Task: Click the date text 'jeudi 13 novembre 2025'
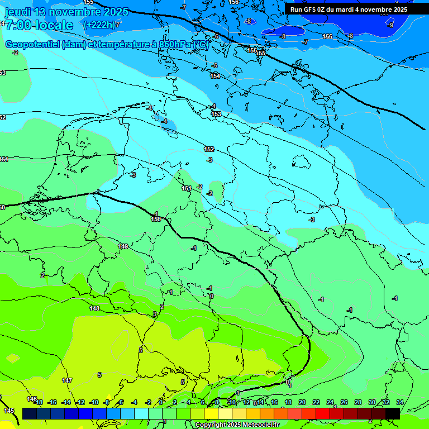click(66, 12)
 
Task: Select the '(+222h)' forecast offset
click(99, 25)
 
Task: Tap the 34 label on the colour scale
click(399, 402)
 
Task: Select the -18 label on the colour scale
click(38, 402)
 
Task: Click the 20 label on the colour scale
click(302, 402)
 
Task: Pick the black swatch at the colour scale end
click(393, 413)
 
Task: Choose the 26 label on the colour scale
click(344, 402)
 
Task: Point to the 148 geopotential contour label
click(94, 308)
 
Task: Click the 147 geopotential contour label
click(67, 380)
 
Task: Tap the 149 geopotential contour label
click(123, 246)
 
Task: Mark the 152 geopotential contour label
click(209, 149)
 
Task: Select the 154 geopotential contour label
click(215, 76)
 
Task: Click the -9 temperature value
click(390, 25)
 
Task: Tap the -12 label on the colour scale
click(80, 402)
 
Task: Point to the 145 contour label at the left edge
click(9, 411)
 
